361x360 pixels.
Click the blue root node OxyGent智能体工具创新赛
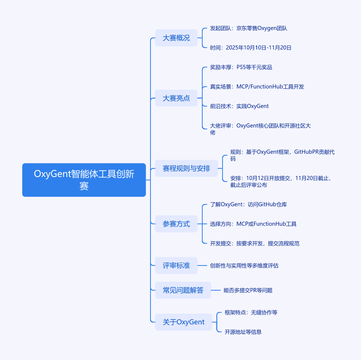point(84,180)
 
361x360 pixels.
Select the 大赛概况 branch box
point(176,38)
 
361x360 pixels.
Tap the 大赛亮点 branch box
point(176,98)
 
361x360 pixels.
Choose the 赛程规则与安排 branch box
point(186,168)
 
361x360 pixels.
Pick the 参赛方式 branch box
point(176,224)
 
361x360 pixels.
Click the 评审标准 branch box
point(176,265)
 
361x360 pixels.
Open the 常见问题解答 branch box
point(183,290)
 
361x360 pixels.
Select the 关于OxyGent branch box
point(184,322)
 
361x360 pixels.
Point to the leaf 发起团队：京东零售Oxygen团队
point(248,28)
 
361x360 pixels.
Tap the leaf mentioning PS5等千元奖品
point(241,67)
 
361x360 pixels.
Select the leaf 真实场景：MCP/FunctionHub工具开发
point(257,87)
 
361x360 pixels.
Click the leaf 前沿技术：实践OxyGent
point(239,106)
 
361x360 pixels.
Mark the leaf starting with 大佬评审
point(260,129)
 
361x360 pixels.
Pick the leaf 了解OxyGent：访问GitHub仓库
point(248,204)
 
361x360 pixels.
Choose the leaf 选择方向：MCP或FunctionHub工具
point(253,224)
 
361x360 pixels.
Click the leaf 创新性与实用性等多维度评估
point(244,265)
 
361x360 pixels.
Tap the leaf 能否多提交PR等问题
point(248,290)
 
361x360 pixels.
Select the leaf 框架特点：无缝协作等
point(251,312)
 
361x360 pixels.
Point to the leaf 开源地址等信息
point(243,332)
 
